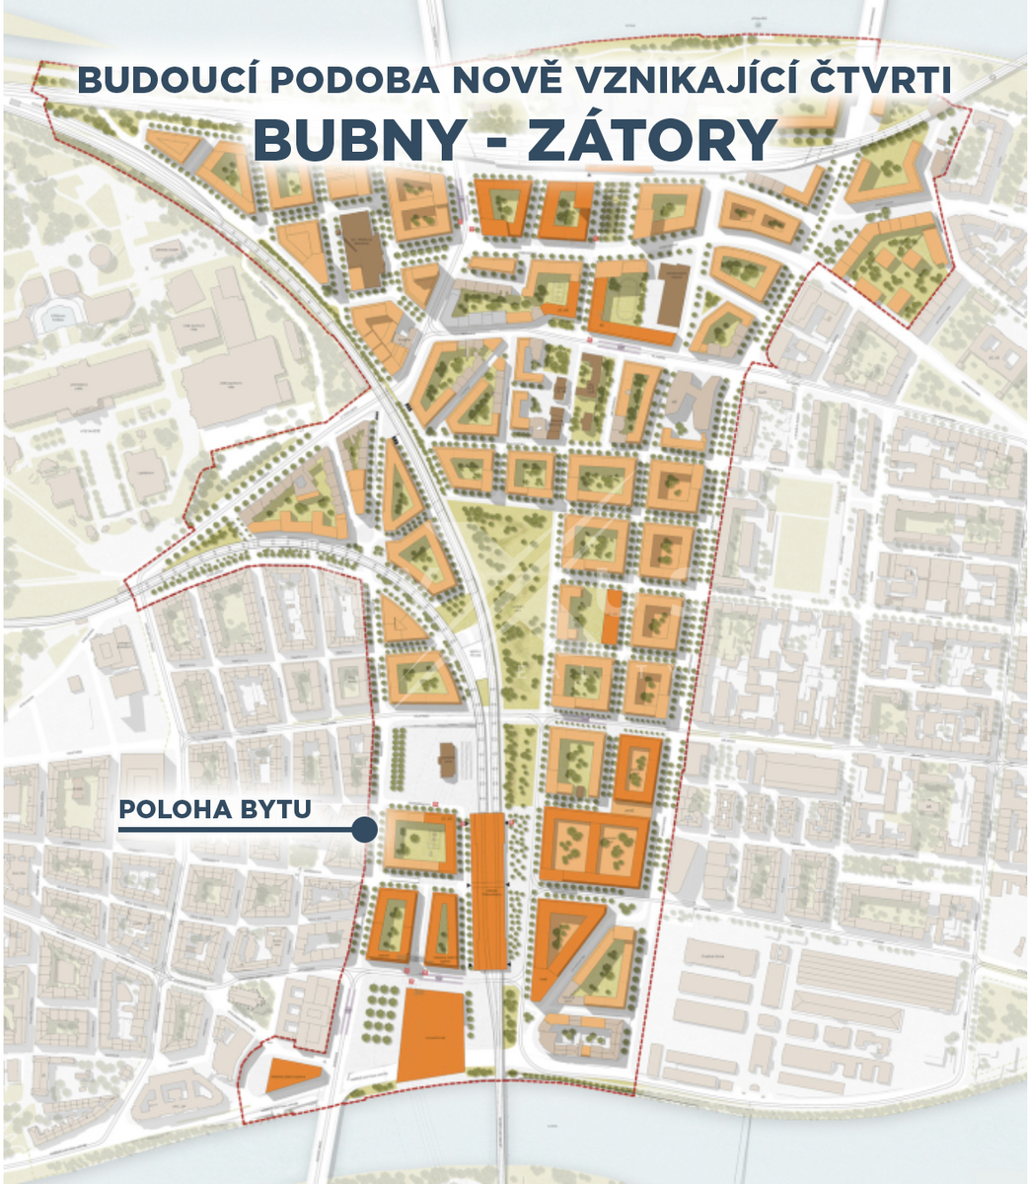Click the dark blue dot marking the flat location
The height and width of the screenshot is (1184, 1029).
click(364, 831)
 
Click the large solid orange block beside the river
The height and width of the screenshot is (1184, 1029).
click(431, 1035)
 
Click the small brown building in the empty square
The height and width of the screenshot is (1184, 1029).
click(446, 760)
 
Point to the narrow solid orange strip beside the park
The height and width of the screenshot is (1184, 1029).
click(612, 618)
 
